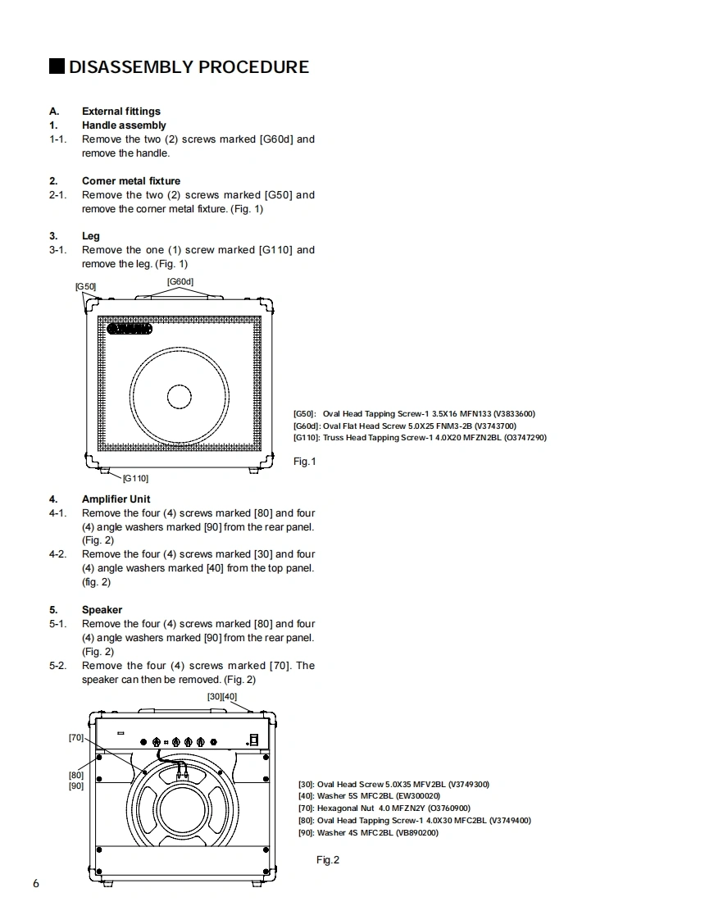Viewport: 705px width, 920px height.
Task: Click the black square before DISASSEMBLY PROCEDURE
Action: (57, 66)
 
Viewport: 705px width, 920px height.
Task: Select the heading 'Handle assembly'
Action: (124, 125)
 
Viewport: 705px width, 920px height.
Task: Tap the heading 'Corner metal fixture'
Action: (131, 181)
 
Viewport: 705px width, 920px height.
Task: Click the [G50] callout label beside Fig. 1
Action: (85, 286)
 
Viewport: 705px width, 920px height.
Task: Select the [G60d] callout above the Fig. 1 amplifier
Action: (180, 282)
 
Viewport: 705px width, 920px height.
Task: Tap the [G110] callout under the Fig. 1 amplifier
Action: (135, 477)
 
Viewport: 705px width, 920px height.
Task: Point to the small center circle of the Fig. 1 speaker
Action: (180, 397)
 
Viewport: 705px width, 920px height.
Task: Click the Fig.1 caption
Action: (305, 462)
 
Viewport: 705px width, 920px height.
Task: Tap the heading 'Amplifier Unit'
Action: (116, 499)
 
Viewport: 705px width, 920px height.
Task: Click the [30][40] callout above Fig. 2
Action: (222, 697)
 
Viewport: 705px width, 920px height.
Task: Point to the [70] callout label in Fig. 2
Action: (76, 738)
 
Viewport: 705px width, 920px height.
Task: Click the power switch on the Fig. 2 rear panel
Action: (254, 738)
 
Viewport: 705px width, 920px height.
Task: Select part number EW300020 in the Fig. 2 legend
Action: (418, 795)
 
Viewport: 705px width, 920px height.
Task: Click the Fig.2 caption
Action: (328, 859)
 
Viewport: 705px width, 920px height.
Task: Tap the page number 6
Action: (35, 883)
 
